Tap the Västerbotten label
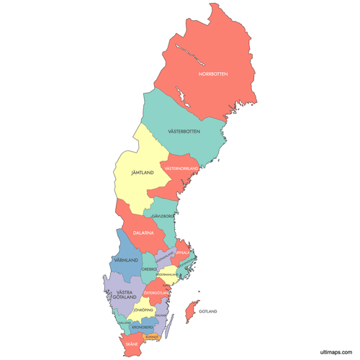(x=184, y=132)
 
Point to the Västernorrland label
(x=181, y=168)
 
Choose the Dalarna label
(x=144, y=233)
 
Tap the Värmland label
(x=126, y=259)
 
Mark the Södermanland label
(x=167, y=274)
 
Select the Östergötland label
(x=156, y=293)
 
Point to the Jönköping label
(x=144, y=310)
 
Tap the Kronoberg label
(x=143, y=327)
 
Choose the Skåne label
(x=132, y=345)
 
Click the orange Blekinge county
(x=152, y=336)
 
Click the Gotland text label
(x=207, y=311)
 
